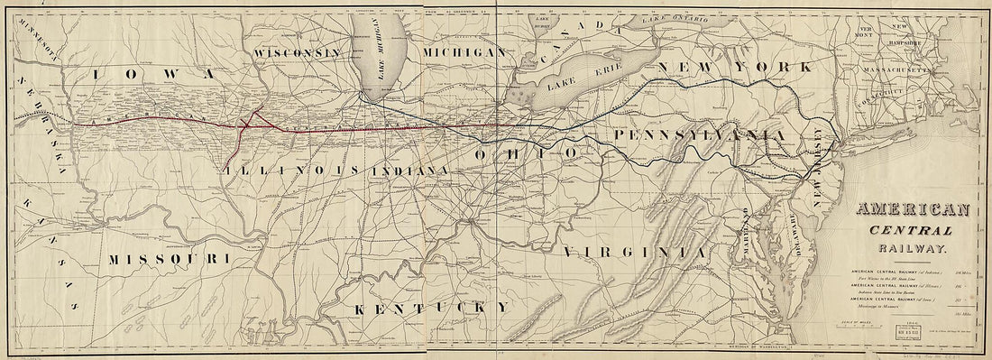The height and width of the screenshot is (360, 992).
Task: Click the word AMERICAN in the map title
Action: click(x=913, y=210)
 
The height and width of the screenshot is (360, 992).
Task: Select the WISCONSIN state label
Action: click(x=298, y=53)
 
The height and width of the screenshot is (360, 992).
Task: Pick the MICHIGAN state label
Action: click(x=464, y=53)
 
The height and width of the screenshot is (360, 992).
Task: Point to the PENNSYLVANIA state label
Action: click(x=703, y=134)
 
